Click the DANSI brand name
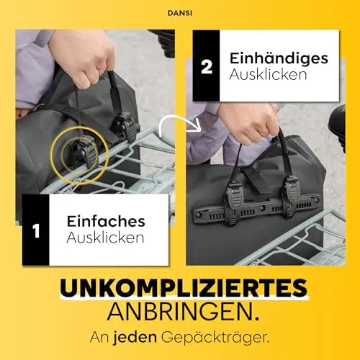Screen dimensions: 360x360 point(180,13)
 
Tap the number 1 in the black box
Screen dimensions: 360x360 point(36,231)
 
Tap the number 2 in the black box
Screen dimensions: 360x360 point(207,67)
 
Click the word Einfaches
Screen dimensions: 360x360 point(106,221)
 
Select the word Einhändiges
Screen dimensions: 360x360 point(279,59)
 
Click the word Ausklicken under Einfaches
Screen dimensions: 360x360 point(105,238)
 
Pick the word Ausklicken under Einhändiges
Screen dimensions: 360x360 point(268,74)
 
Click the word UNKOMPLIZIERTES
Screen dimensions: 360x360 point(184,288)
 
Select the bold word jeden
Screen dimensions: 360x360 point(135,337)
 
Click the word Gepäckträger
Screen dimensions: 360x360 point(215,338)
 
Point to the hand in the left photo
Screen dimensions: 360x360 point(83,58)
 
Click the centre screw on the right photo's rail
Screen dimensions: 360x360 point(263,207)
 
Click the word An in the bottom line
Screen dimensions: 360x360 point(99,338)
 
